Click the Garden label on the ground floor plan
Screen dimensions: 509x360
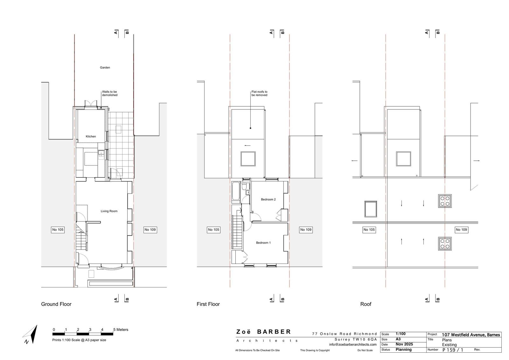(105, 67)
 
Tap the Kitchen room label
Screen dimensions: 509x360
(91, 137)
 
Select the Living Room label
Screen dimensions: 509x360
(109, 211)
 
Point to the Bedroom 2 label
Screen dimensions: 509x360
(268, 200)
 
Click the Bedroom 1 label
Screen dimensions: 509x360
(263, 243)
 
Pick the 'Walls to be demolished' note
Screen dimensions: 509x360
(109, 94)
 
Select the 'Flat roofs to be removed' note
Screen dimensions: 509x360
(259, 94)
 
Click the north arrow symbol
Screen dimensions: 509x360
(31, 335)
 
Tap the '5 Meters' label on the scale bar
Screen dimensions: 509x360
(121, 329)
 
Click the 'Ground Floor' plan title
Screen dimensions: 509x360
(56, 304)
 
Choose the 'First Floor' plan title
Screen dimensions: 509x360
(208, 304)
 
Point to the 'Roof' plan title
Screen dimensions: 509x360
(366, 304)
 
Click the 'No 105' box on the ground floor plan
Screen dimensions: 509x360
(58, 230)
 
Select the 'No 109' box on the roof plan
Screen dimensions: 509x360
(461, 230)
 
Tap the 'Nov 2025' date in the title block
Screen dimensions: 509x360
(404, 344)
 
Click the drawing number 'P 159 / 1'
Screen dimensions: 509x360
(453, 350)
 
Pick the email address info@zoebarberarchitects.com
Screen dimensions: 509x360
(353, 344)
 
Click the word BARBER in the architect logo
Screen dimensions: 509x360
(274, 332)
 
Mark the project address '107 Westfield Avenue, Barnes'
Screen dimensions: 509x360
(471, 335)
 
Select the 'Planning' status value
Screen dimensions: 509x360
(404, 349)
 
